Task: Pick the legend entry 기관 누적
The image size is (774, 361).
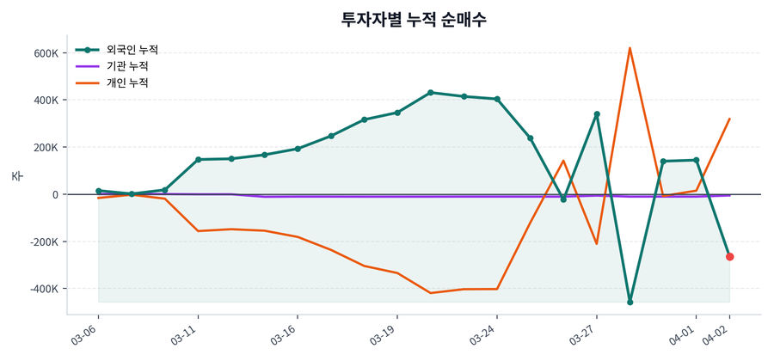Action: pyautogui.click(x=126, y=66)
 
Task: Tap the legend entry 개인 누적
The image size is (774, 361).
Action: pyautogui.click(x=126, y=83)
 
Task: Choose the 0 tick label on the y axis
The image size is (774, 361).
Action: pyautogui.click(x=54, y=194)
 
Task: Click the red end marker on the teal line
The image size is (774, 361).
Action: pyautogui.click(x=730, y=257)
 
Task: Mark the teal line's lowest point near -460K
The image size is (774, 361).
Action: pyautogui.click(x=630, y=303)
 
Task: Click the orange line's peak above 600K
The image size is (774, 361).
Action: pyautogui.click(x=630, y=48)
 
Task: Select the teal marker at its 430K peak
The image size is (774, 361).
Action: pyautogui.click(x=431, y=93)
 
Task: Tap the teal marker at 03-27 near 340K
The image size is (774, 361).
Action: pyautogui.click(x=597, y=114)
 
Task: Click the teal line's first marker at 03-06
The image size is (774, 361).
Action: pyautogui.click(x=99, y=191)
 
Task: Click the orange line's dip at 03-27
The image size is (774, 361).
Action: pyautogui.click(x=597, y=243)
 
